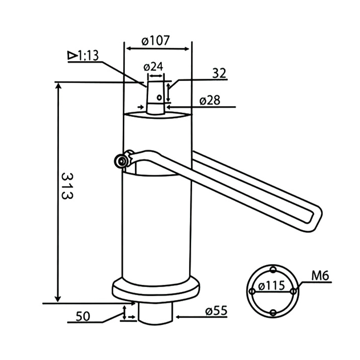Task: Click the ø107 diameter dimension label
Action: click(156, 40)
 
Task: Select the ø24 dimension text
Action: click(153, 67)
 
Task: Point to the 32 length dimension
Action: click(220, 73)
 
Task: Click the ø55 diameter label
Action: click(216, 310)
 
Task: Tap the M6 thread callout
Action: click(321, 275)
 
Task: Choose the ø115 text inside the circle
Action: click(272, 285)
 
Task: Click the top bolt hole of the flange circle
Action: click(272, 270)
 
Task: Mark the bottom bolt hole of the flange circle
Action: click(272, 313)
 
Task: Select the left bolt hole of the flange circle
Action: click(252, 292)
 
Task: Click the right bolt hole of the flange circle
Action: click(293, 292)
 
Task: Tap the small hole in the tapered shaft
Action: click(158, 96)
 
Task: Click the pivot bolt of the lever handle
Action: click(121, 161)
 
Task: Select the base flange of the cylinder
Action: click(155, 288)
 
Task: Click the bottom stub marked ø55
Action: click(155, 312)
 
